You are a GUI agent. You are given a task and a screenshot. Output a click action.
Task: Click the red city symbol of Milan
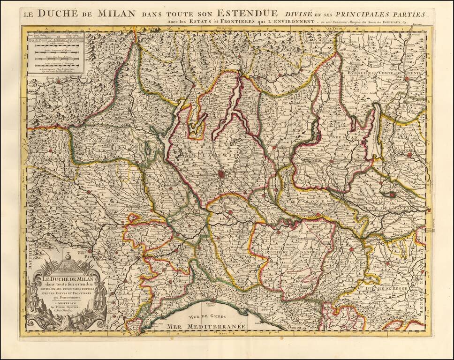(221, 174)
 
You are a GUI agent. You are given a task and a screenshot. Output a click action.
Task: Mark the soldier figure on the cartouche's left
(33, 300)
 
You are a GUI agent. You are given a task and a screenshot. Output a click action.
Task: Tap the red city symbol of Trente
(406, 79)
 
